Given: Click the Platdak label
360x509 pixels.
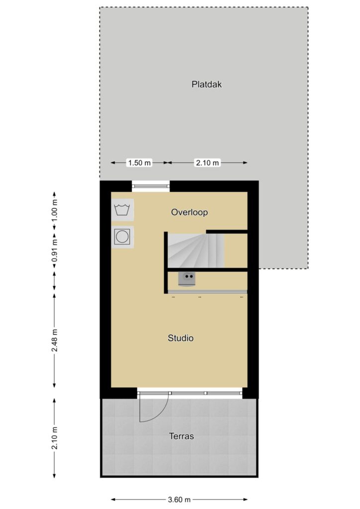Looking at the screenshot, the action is [206, 85].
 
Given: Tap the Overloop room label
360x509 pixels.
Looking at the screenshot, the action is [189, 212].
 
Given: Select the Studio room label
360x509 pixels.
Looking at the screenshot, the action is [180, 338].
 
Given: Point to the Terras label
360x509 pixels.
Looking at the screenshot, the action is [181, 436].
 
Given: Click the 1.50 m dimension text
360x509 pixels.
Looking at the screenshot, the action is [140, 163].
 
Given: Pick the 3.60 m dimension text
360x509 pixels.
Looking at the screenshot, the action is [179, 499].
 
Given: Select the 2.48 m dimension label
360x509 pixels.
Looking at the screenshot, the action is [55, 340].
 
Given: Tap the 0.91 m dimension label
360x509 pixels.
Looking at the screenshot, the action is [55, 251].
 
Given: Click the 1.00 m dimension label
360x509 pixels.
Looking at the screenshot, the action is [55, 210].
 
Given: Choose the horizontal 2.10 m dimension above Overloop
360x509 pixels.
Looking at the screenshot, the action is [207, 163].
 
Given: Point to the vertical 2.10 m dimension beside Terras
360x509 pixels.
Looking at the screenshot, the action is [55, 438].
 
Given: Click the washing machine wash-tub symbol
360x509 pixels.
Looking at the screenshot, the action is [122, 210].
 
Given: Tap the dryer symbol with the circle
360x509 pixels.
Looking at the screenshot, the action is [122, 237].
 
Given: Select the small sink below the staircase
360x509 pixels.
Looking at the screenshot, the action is [187, 279].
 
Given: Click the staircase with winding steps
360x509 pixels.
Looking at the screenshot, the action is [196, 251].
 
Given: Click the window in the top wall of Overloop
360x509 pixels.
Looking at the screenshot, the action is [151, 186].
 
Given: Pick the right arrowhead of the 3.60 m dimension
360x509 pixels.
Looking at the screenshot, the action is [246, 499].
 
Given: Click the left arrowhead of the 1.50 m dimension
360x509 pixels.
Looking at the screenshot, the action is [113, 163].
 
